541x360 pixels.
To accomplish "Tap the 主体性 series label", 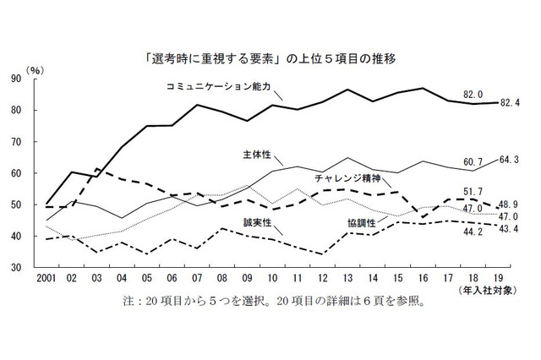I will click(x=254, y=155).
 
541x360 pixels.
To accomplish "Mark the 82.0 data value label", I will click(x=473, y=95).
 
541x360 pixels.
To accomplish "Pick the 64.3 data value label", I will click(x=510, y=160).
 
